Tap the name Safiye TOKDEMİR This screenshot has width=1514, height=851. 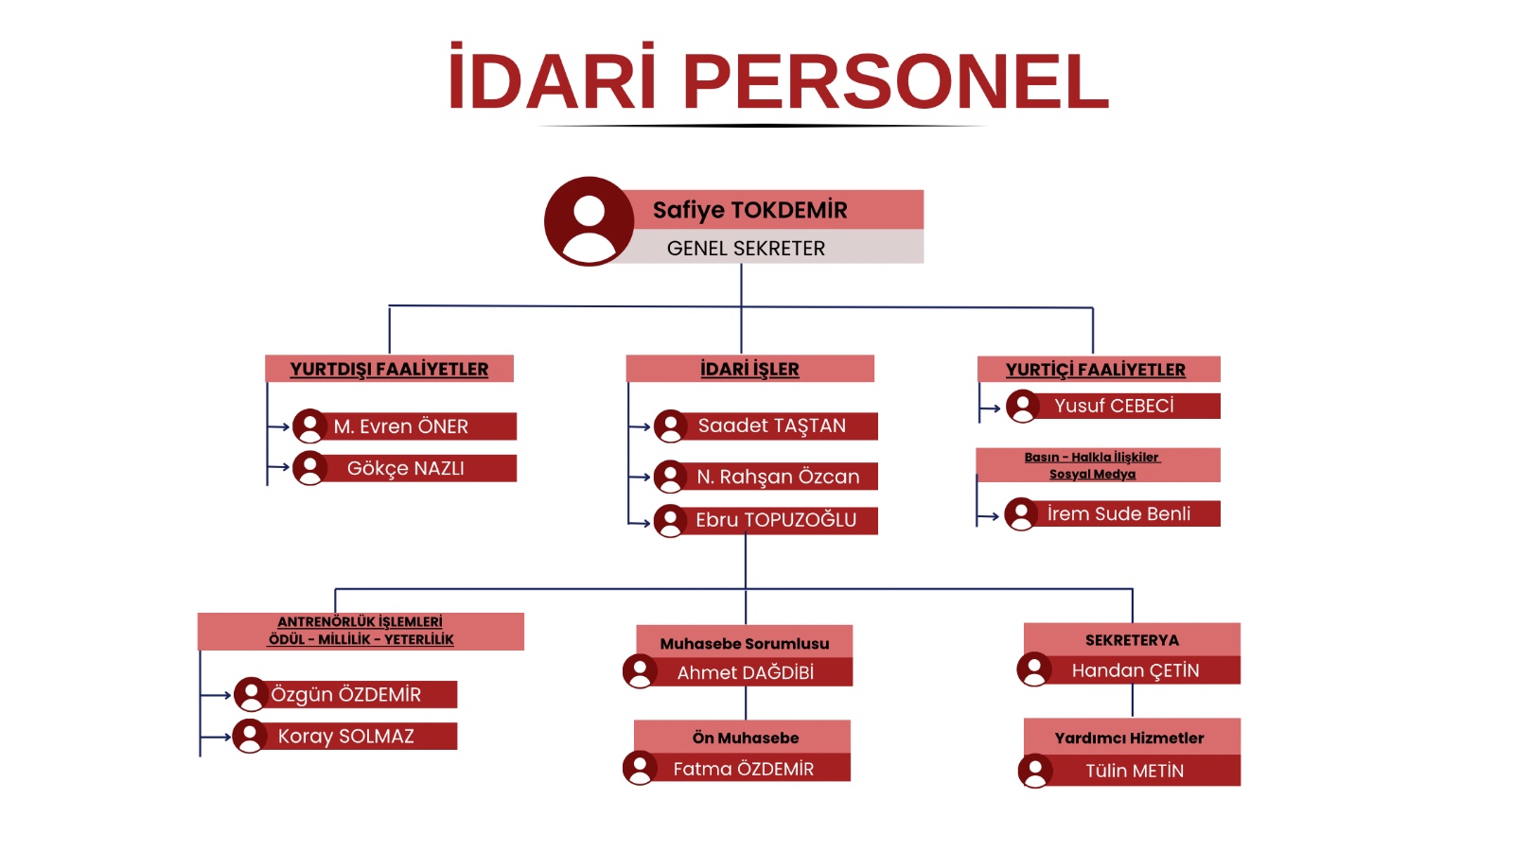[x=749, y=210]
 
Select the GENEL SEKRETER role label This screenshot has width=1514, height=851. [x=746, y=249]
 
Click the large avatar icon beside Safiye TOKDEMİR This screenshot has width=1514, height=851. [x=589, y=221]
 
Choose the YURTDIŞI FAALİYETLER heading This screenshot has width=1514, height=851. [x=389, y=370]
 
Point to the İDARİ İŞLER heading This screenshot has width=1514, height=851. [x=749, y=370]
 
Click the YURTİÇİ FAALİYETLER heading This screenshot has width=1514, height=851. [x=1095, y=370]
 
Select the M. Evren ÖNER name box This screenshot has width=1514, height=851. [x=406, y=426]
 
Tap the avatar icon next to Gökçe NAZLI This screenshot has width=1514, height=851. [x=309, y=468]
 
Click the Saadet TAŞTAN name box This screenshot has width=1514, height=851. [x=766, y=426]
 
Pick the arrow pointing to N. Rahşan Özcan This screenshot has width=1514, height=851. [x=640, y=477]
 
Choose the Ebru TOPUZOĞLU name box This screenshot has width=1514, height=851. [x=766, y=520]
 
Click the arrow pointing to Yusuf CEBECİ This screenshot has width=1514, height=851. [x=990, y=408]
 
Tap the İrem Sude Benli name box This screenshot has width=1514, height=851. [x=1113, y=514]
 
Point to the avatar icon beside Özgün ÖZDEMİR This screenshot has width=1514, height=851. [x=251, y=694]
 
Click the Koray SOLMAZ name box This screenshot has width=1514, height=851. [x=345, y=737]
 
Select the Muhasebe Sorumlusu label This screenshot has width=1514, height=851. [x=744, y=644]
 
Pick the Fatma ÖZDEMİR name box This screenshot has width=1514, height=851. [x=737, y=768]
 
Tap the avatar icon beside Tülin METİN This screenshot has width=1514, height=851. [x=1035, y=771]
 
